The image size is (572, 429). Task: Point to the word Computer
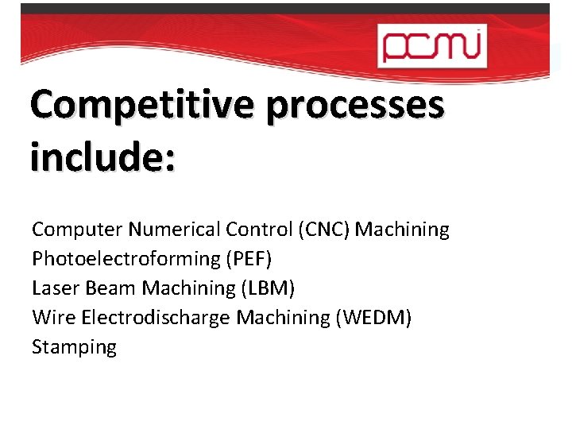77,230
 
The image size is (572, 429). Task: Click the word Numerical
175,230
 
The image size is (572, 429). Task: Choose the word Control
259,230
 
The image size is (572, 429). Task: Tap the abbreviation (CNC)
324,230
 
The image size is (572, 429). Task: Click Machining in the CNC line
402,230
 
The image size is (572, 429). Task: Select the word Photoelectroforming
127,259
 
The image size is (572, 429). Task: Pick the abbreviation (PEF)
251,259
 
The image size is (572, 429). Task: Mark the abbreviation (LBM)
266,288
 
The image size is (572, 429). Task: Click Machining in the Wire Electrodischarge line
283,318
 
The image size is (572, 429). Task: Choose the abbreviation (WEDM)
373,318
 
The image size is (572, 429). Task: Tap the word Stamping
74,347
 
